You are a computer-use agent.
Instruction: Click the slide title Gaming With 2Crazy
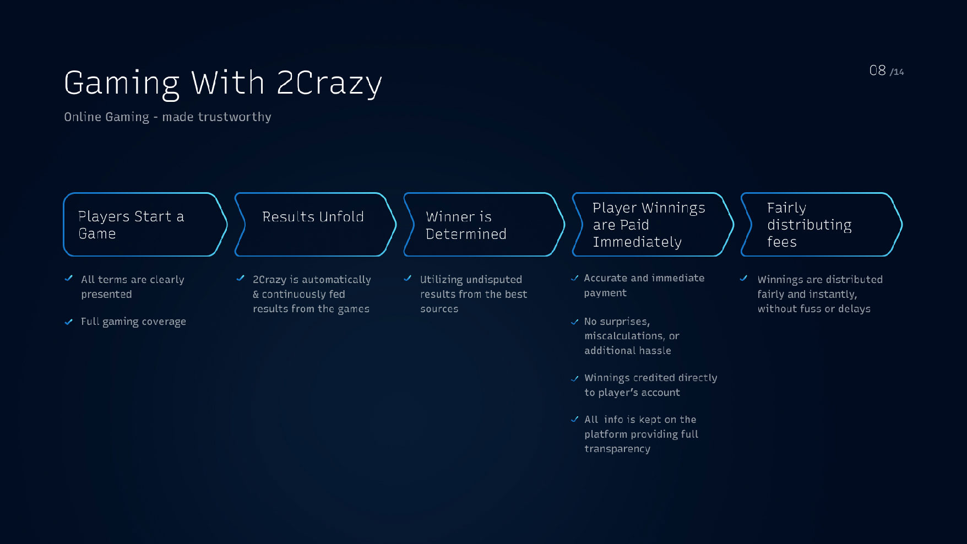(x=223, y=84)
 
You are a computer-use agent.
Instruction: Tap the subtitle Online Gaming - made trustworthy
(x=167, y=117)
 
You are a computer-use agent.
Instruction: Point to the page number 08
(x=877, y=70)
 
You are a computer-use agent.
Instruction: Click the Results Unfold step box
(x=316, y=225)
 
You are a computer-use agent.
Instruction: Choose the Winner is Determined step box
(x=484, y=225)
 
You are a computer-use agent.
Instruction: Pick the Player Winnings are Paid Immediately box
(x=653, y=225)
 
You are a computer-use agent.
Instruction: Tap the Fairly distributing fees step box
(x=822, y=225)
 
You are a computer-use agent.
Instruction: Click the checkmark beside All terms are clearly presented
(x=69, y=278)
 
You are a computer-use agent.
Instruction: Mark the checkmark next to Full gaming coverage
(x=69, y=322)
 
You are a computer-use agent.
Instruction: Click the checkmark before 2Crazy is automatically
(x=241, y=278)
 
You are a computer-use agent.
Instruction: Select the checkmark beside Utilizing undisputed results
(x=408, y=278)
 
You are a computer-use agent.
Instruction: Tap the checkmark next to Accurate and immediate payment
(x=575, y=278)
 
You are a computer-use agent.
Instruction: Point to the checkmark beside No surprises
(x=575, y=322)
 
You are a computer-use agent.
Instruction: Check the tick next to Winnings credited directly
(x=575, y=378)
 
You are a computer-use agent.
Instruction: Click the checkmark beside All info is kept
(x=575, y=419)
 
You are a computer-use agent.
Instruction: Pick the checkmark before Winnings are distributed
(x=744, y=278)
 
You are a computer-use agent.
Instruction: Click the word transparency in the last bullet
(x=617, y=449)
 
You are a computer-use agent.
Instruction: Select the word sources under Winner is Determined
(x=439, y=309)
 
